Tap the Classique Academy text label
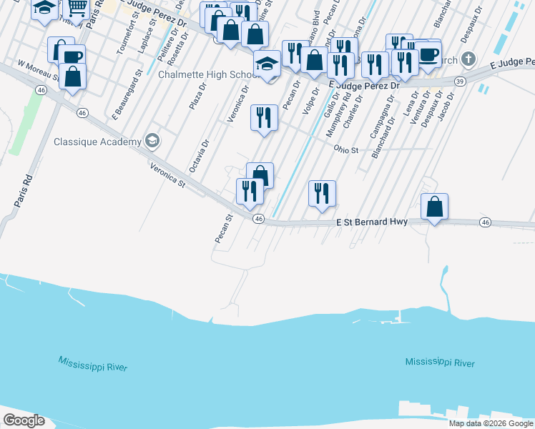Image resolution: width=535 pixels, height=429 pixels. (x=98, y=142)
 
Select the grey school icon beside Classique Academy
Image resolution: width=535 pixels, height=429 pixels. (x=152, y=141)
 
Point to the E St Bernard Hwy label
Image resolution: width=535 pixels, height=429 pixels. (x=372, y=222)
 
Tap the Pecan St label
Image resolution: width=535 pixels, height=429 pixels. (x=223, y=228)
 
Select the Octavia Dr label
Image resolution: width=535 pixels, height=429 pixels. (x=200, y=156)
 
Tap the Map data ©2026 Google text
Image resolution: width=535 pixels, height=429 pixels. (x=491, y=423)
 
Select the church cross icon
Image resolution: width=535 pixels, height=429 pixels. (x=468, y=59)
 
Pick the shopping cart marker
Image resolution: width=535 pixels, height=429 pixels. (x=76, y=9)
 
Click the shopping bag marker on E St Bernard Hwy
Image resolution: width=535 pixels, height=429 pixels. (x=434, y=207)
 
